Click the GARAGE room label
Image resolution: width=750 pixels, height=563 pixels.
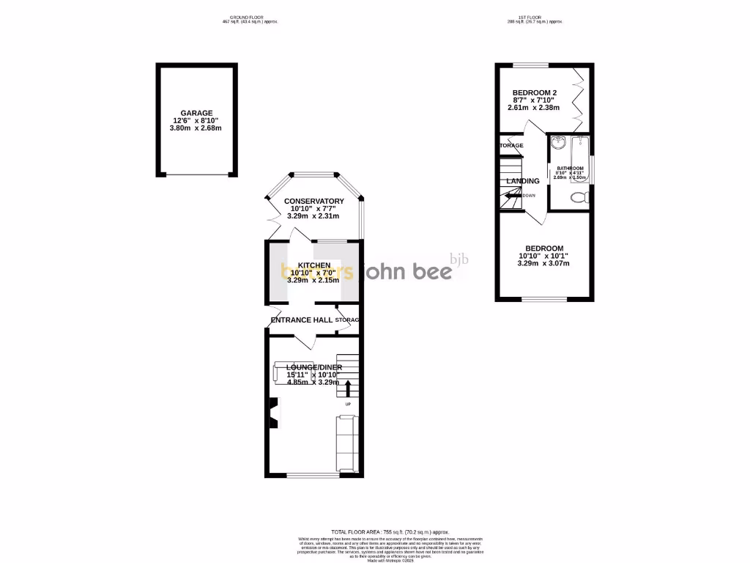[x=196, y=113]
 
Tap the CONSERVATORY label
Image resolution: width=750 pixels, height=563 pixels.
[x=313, y=201]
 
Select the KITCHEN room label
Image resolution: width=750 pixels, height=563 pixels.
[x=313, y=265]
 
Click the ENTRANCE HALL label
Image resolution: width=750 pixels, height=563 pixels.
[x=302, y=320]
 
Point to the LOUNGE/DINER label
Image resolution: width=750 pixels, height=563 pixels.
[x=313, y=367]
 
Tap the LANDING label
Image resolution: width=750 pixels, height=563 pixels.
[x=523, y=181]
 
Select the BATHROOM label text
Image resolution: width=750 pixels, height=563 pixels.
[x=570, y=169]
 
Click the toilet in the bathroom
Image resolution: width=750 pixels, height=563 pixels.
[x=579, y=197]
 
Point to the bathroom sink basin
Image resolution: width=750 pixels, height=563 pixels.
[x=560, y=142]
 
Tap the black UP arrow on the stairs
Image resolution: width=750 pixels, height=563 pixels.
[x=348, y=387]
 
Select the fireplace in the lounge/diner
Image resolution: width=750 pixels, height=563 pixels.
[x=274, y=412]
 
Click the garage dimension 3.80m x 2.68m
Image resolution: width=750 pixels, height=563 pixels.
[x=196, y=128]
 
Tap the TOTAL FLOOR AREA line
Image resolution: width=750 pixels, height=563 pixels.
[x=390, y=531]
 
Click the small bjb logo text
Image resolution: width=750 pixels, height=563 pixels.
[x=458, y=259]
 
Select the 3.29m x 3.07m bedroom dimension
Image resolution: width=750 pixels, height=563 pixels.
[x=543, y=263]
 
